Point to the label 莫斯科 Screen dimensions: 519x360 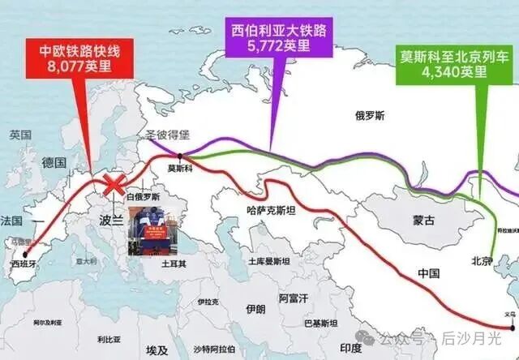tap(181, 169)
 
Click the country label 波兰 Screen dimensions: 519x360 tap(112, 220)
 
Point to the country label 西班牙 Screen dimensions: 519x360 tap(24, 264)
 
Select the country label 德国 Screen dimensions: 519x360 tap(54, 162)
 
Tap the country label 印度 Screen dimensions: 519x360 tap(350, 348)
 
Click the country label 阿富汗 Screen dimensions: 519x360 tap(294, 298)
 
